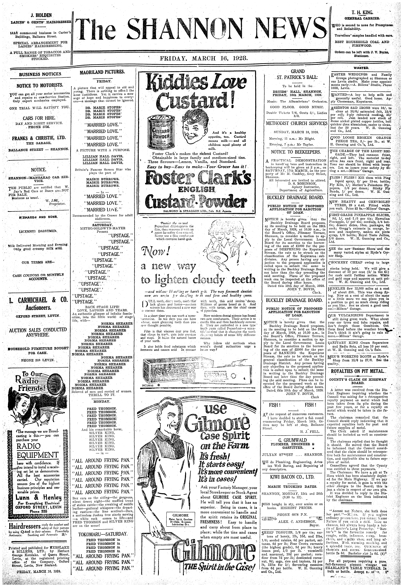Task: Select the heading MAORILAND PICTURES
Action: (102, 72)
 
